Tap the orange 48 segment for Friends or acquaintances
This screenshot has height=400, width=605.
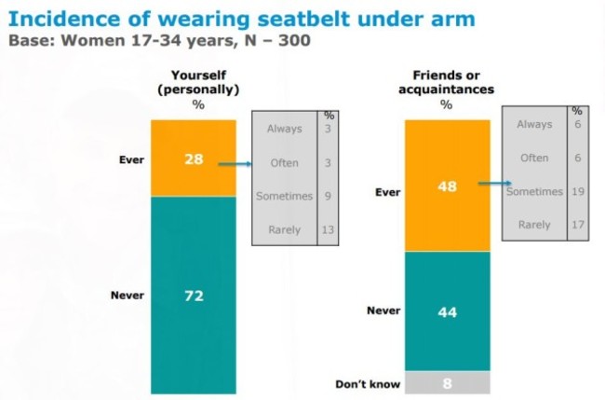pos(446,185)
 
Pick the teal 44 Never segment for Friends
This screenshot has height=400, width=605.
pos(446,310)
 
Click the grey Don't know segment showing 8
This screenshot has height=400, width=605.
pos(446,382)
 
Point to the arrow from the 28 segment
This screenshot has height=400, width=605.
pos(235,163)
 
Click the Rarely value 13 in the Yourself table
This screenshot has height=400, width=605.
pos(328,229)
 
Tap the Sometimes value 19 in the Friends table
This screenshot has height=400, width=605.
pos(578,191)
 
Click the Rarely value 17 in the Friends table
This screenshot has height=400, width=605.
pos(578,225)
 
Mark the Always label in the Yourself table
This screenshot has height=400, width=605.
pos(284,129)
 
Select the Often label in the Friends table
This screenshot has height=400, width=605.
pos(534,158)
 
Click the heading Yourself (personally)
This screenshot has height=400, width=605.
pos(198,82)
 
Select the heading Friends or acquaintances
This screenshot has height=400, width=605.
pos(446,82)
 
